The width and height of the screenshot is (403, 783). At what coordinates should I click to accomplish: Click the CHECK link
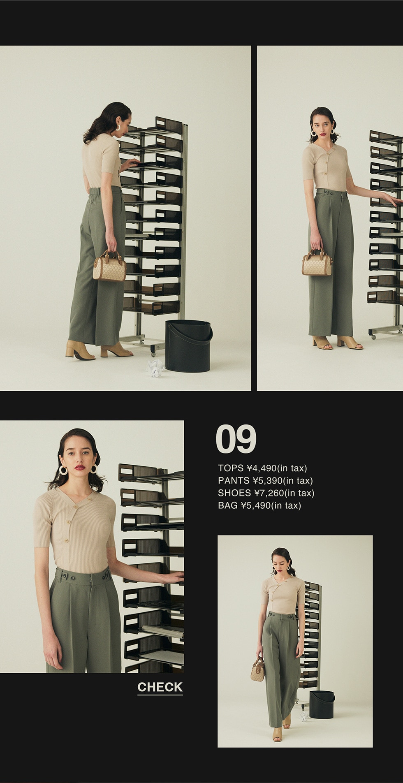(160, 687)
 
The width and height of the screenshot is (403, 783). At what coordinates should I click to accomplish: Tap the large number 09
(236, 439)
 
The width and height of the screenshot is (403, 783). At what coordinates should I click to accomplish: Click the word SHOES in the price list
(234, 493)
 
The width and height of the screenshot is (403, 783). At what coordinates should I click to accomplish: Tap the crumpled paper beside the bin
(155, 367)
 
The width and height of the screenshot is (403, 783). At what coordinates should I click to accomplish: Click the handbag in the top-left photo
(109, 266)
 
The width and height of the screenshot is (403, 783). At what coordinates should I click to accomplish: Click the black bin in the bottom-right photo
(322, 704)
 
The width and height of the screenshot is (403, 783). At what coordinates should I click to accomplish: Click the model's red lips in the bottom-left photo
(79, 467)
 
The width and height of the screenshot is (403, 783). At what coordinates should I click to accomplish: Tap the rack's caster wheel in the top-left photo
(153, 352)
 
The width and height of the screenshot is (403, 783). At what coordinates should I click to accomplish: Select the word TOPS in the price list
(231, 468)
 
